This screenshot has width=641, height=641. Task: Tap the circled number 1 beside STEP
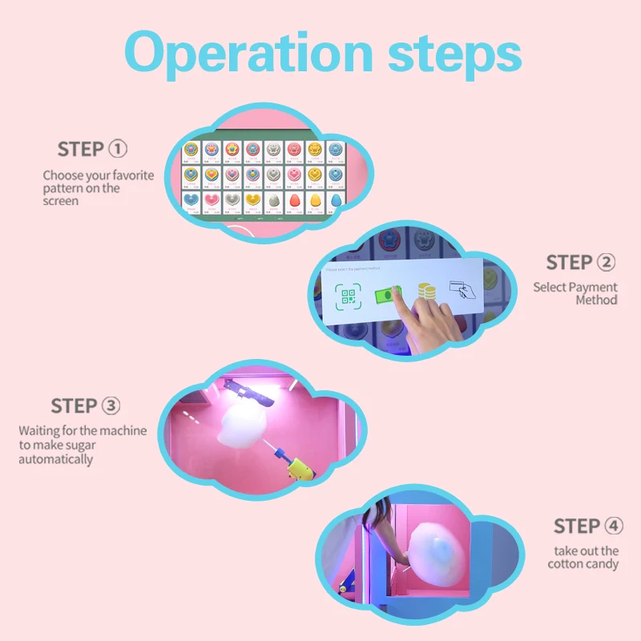coord(118,149)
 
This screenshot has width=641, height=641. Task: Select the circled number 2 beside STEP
coord(607,263)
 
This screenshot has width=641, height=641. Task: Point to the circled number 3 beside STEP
coord(111,406)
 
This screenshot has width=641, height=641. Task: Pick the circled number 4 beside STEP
coord(613,526)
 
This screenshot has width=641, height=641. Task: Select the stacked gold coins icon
coord(427,293)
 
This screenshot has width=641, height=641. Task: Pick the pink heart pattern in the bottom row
coord(212,200)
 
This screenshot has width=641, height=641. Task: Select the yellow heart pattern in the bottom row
coord(252,200)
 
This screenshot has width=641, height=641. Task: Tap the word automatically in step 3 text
coord(56,459)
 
